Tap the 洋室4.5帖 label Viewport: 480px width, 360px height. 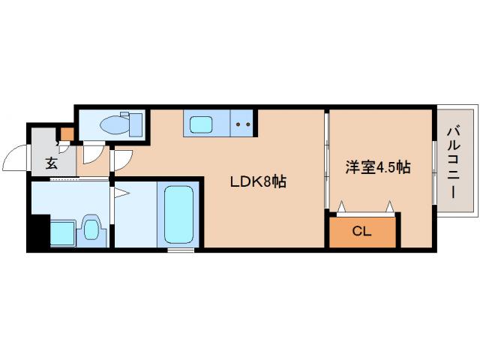pyautogui.click(x=377, y=167)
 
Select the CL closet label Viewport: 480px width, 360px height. pyautogui.click(x=361, y=232)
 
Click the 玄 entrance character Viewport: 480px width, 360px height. pyautogui.click(x=50, y=163)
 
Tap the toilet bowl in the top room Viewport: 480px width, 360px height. pyautogui.click(x=112, y=124)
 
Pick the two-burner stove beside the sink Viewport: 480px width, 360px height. pyautogui.click(x=242, y=124)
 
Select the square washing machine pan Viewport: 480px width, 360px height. pyautogui.click(x=61, y=232)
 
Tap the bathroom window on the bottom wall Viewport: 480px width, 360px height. pyautogui.click(x=178, y=250)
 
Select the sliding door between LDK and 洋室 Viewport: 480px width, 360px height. pyautogui.click(x=327, y=161)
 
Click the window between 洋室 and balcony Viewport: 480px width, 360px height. pyautogui.click(x=436, y=161)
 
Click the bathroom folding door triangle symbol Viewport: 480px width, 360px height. pyautogui.click(x=121, y=193)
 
